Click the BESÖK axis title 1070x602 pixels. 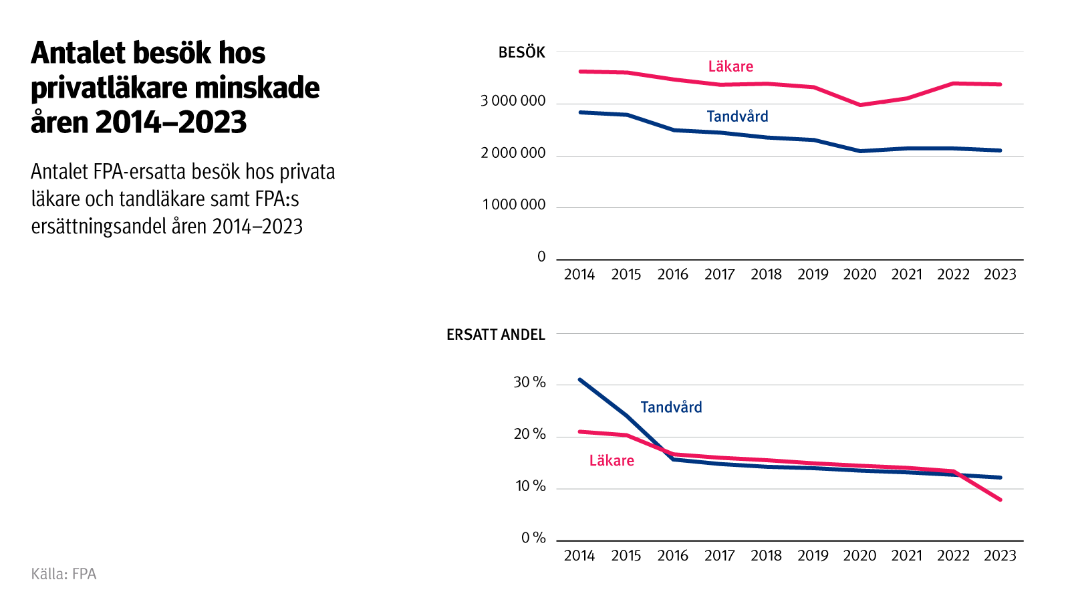click(x=521, y=53)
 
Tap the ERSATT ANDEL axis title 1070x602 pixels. click(x=495, y=335)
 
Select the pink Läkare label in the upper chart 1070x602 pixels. click(x=730, y=67)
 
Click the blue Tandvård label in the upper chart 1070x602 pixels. click(x=737, y=116)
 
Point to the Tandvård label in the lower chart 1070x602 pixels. click(x=671, y=407)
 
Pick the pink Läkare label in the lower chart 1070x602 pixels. click(x=612, y=461)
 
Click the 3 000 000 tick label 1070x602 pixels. click(x=513, y=101)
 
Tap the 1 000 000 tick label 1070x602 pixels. click(x=513, y=205)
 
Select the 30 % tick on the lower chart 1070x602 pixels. click(x=529, y=383)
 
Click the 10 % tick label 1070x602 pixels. click(x=530, y=486)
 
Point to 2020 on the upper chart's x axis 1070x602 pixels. click(x=859, y=275)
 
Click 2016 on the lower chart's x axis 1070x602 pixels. click(x=672, y=556)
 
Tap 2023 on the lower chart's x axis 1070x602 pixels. click(x=1000, y=556)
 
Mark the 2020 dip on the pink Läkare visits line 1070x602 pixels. click(x=860, y=105)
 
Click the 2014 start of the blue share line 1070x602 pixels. click(x=579, y=379)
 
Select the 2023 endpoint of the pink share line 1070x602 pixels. click(x=1000, y=500)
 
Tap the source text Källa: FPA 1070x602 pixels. click(x=63, y=574)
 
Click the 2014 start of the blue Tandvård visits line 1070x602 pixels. click(x=579, y=112)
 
